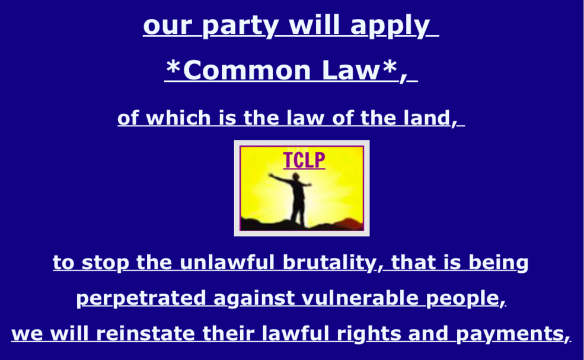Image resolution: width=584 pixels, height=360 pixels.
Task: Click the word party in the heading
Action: pyautogui.click(x=240, y=27)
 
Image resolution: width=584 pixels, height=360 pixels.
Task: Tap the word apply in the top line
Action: pyautogui.click(x=390, y=27)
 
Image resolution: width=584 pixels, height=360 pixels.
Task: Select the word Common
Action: pyautogui.click(x=247, y=70)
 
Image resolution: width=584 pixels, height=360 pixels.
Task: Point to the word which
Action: pyautogui.click(x=178, y=118)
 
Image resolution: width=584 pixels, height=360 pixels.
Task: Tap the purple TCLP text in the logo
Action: pyautogui.click(x=304, y=160)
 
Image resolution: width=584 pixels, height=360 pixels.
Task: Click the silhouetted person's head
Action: pyautogui.click(x=296, y=176)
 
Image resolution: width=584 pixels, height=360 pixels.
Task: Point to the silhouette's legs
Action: pyautogui.click(x=298, y=212)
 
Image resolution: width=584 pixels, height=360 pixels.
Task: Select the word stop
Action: pyautogui.click(x=105, y=263)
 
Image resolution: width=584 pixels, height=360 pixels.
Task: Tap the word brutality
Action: pyautogui.click(x=329, y=263)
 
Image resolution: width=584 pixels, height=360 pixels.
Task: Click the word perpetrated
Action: pyautogui.click(x=141, y=298)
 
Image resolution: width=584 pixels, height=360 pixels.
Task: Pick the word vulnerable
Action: pyautogui.click(x=360, y=298)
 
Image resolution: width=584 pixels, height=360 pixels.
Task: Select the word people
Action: pyautogui.click(x=462, y=298)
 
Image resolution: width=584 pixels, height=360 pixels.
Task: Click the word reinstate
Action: pyautogui.click(x=145, y=333)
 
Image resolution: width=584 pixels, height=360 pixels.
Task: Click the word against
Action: pyautogui.click(x=253, y=298)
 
